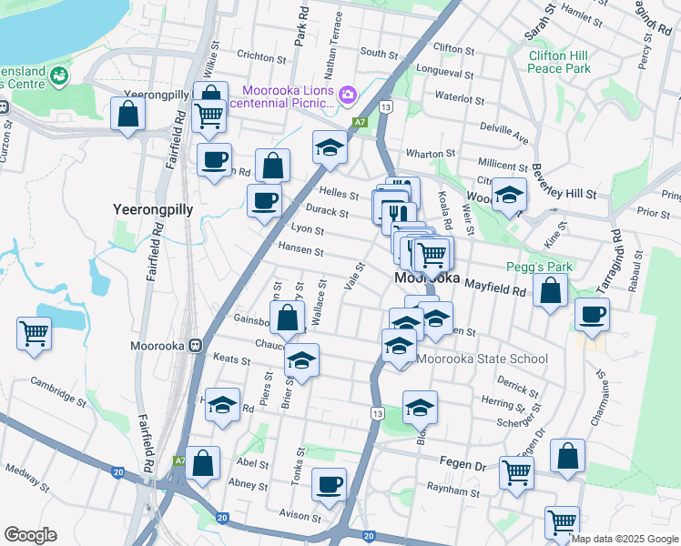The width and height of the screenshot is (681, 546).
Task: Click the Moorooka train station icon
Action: [x=195, y=346]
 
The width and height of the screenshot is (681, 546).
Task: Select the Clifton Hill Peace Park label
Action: [x=560, y=62]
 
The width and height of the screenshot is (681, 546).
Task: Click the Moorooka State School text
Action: [x=483, y=359]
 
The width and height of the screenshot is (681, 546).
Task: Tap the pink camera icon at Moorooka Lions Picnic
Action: [x=347, y=95]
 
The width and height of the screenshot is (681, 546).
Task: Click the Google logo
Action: [x=30, y=535]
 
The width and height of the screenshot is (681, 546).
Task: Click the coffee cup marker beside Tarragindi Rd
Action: [x=592, y=315]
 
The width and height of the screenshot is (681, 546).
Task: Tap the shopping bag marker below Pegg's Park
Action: [x=550, y=291]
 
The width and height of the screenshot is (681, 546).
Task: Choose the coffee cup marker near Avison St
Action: [x=329, y=484]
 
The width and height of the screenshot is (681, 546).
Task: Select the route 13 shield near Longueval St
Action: [x=387, y=107]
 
